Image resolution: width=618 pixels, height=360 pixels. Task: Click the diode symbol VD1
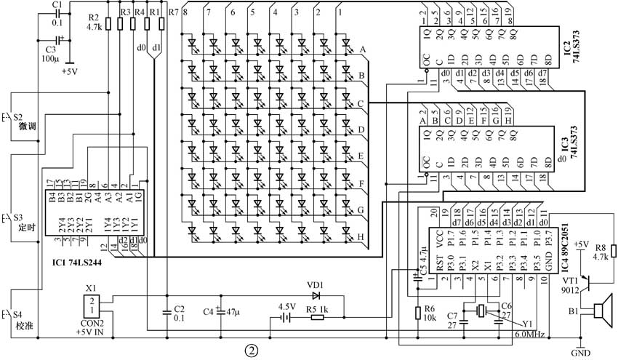click(315, 296)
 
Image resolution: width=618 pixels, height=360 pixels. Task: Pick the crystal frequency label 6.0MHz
click(529, 335)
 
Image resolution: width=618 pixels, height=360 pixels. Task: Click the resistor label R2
click(93, 17)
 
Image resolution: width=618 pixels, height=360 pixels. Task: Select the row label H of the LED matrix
click(361, 236)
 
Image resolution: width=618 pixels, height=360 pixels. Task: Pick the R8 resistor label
click(603, 247)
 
